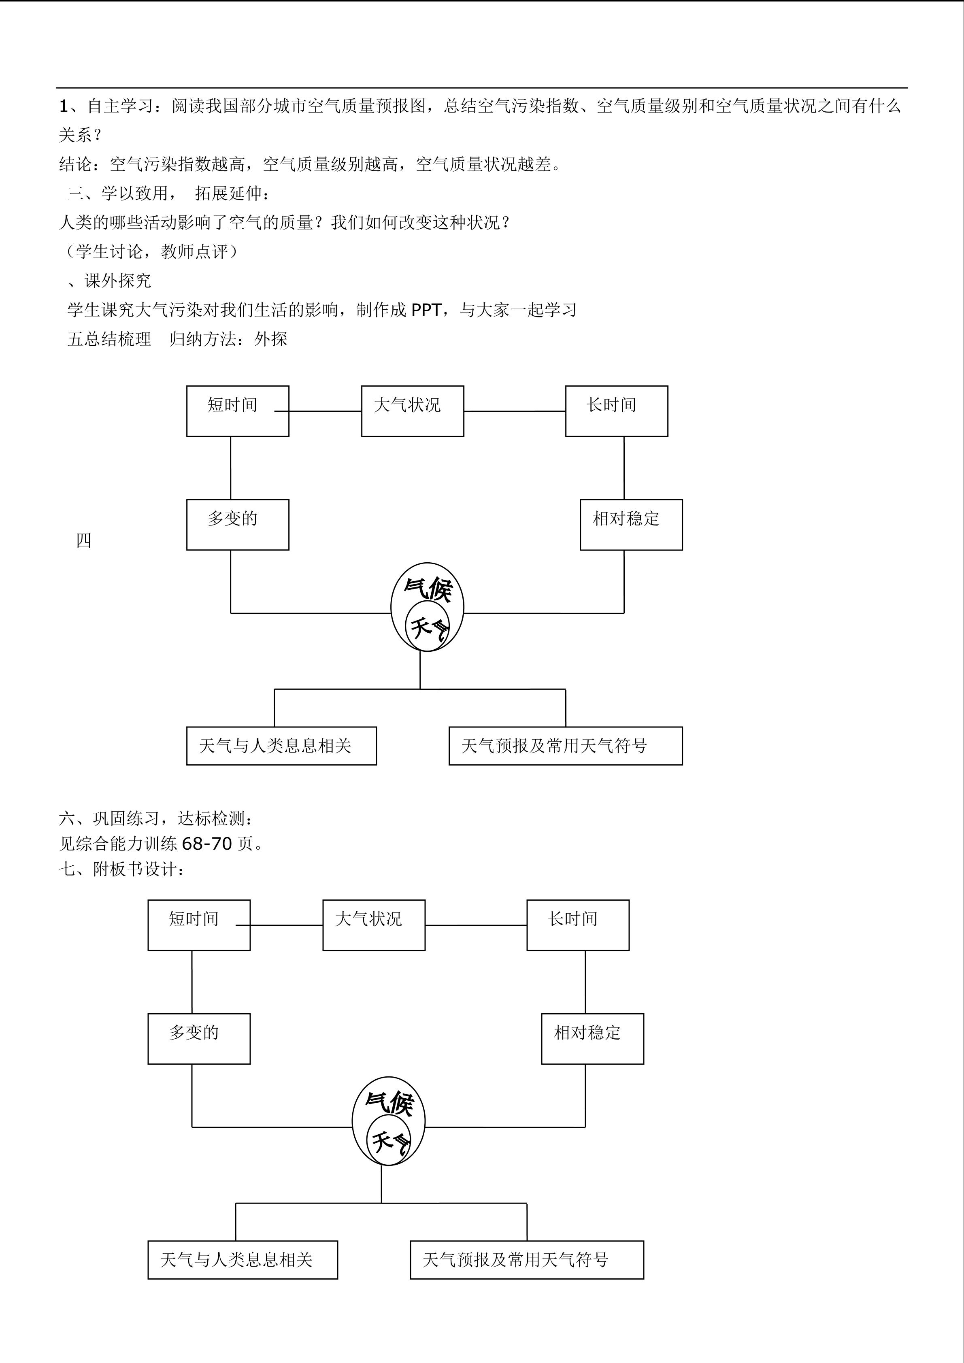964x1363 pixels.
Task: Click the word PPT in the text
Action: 426,310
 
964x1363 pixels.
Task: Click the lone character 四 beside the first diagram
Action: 84,540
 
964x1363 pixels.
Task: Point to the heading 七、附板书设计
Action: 122,870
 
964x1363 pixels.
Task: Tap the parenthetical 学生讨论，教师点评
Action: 152,252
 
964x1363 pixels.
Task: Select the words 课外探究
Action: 117,281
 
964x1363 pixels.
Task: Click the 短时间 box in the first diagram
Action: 237,411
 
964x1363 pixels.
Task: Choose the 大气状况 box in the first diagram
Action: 413,411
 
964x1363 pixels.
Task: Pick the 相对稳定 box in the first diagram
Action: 631,525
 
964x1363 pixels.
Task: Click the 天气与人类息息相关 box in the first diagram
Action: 281,746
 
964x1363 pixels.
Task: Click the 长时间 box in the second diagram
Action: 578,925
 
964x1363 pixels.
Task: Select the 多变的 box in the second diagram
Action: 199,1039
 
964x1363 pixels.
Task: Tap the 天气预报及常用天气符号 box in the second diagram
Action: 526,1260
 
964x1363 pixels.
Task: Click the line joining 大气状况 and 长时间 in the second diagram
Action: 475,925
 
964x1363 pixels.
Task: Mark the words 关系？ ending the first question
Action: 81,135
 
